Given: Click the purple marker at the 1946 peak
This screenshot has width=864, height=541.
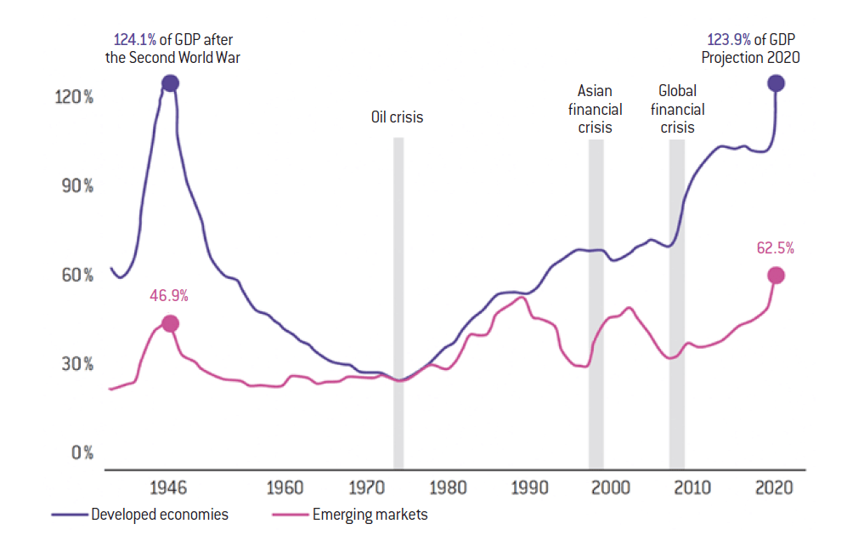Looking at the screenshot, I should click(170, 83).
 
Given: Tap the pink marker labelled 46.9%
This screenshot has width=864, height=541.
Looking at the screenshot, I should click(170, 324).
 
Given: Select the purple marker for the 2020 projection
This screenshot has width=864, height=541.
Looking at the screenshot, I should click(776, 83).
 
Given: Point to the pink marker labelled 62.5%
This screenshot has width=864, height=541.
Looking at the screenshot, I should click(776, 276).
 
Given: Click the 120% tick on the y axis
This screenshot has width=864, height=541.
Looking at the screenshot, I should click(76, 97).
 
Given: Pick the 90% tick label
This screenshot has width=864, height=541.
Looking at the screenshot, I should click(76, 186).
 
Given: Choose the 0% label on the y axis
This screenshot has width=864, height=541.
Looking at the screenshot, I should click(82, 453).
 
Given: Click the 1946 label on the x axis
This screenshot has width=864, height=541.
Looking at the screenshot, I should click(167, 488).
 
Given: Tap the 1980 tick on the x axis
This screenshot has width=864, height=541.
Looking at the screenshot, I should click(448, 488).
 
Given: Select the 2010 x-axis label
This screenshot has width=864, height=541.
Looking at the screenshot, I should click(692, 488).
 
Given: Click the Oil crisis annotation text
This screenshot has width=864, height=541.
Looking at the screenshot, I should click(397, 117).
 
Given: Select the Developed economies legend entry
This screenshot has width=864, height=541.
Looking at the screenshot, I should click(141, 515).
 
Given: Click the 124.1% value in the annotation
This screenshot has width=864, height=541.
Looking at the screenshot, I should click(134, 40).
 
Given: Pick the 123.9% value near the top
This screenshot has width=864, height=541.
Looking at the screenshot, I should click(728, 40).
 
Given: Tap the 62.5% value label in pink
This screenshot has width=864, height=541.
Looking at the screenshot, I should click(775, 248).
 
